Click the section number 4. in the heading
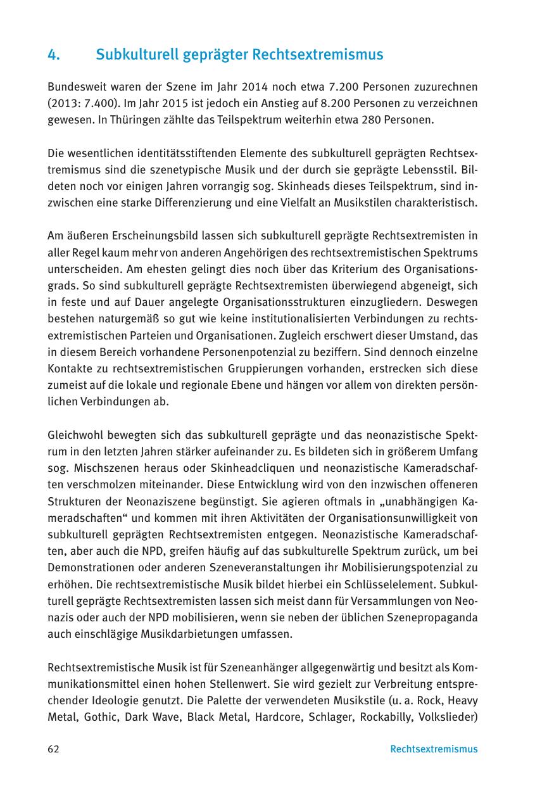(x=53, y=55)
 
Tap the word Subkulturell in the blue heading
(x=134, y=55)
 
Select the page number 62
(x=53, y=749)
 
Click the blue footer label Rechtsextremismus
(x=434, y=749)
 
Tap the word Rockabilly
(x=391, y=717)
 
